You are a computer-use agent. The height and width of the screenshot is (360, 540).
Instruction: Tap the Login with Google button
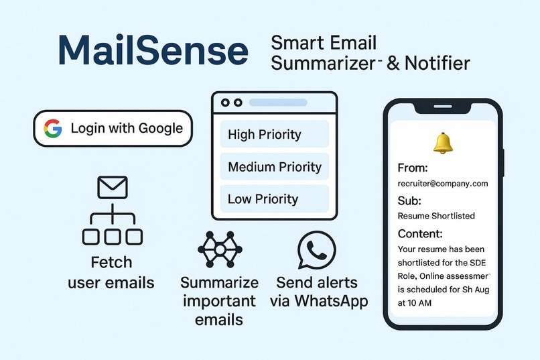pyautogui.click(x=113, y=128)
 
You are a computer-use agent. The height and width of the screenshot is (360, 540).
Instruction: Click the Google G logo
pyautogui.click(x=53, y=128)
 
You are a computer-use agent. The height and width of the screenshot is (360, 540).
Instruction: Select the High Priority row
pyautogui.click(x=274, y=134)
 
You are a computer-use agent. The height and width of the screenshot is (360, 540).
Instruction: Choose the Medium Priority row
pyautogui.click(x=274, y=167)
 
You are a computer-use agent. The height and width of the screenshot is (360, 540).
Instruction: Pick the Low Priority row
pyautogui.click(x=274, y=198)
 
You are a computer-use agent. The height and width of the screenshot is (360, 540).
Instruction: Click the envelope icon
pyautogui.click(x=112, y=187)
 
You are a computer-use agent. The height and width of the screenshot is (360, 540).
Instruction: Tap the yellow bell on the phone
pyautogui.click(x=443, y=141)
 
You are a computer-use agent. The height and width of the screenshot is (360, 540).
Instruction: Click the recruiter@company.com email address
pyautogui.click(x=442, y=183)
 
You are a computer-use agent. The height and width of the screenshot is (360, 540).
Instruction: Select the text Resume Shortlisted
pyautogui.click(x=435, y=216)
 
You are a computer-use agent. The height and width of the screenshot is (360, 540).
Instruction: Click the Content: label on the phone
pyautogui.click(x=420, y=234)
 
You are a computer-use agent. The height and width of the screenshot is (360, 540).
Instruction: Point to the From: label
pyautogui.click(x=413, y=168)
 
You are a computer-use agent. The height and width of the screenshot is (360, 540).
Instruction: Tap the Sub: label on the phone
pyautogui.click(x=409, y=200)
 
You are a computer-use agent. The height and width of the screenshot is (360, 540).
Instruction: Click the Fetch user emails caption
pyautogui.click(x=111, y=272)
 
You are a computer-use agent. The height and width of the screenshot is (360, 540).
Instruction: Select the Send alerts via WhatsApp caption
pyautogui.click(x=319, y=291)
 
